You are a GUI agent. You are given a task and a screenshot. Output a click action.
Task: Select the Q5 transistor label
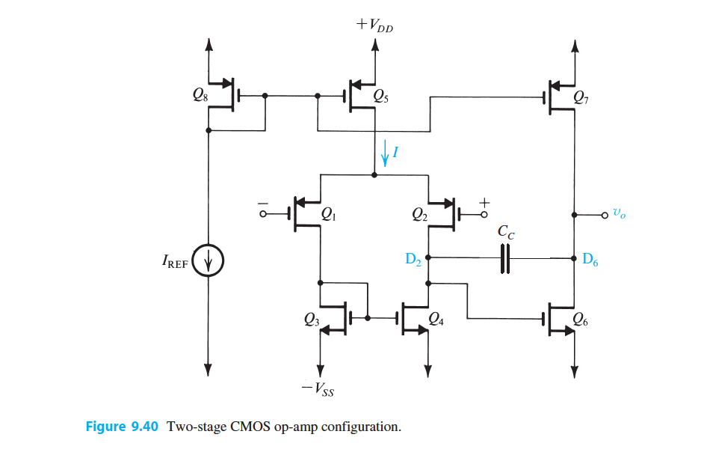coord(381,96)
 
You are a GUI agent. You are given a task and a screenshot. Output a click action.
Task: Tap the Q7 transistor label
coord(580,96)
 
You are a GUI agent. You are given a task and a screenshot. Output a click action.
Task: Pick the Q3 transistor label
coord(312,320)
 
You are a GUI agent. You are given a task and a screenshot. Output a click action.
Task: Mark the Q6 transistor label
coord(580,320)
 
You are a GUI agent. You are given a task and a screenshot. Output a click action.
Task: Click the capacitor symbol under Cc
coord(505,259)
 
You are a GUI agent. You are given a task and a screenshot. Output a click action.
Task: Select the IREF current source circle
coord(209,263)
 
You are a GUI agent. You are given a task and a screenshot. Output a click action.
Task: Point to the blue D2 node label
coord(413,260)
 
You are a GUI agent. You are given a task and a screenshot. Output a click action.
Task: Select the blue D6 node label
coord(590,260)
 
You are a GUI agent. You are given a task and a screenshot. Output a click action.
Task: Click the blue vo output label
coord(619,213)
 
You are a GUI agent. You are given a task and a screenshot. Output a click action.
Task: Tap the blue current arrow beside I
coord(386,155)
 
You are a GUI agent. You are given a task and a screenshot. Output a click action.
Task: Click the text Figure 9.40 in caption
coord(123,427)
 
